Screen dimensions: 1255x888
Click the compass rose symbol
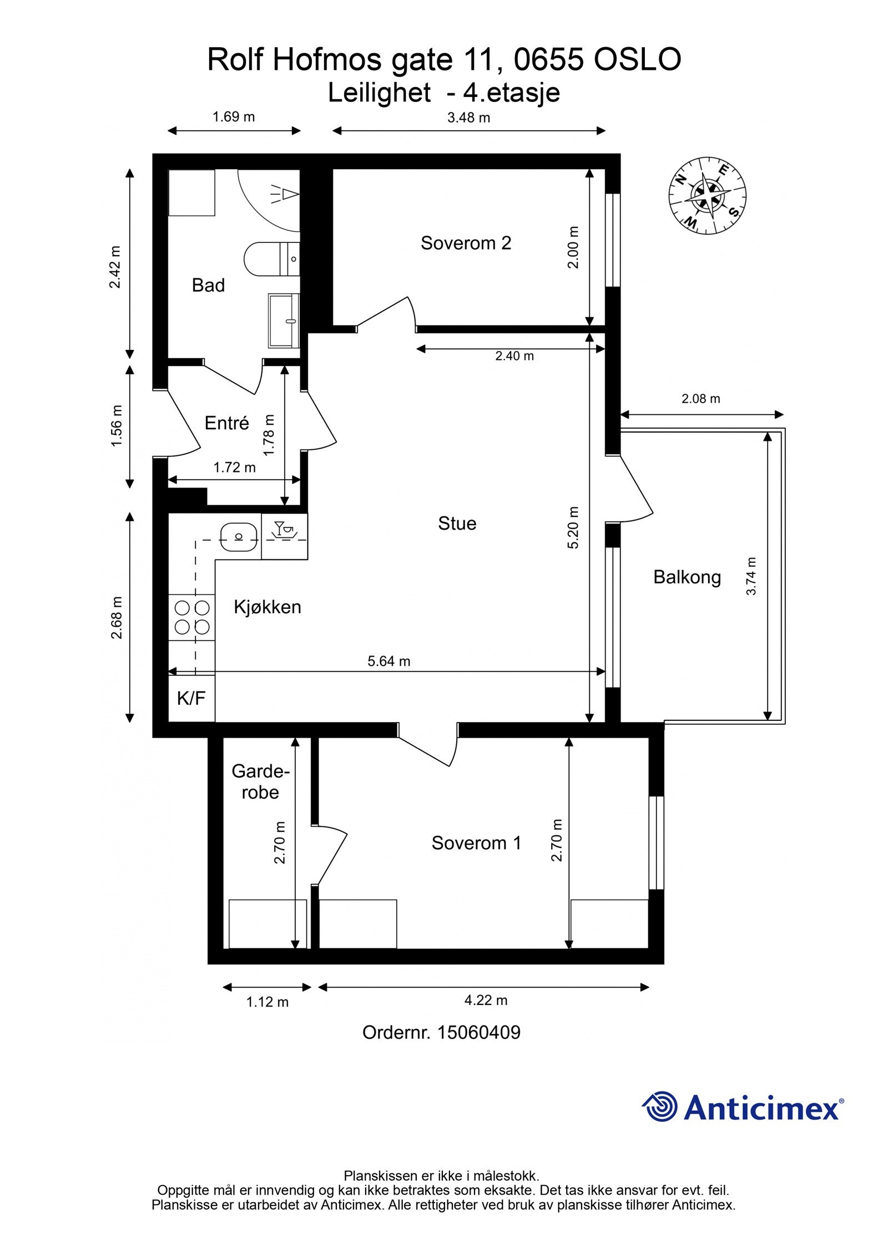pos(707,195)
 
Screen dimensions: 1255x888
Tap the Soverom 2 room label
pos(466,243)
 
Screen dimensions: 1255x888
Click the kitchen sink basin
pos(239,536)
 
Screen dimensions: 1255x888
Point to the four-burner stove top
pos(192,617)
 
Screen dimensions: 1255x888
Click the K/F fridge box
pos(191,698)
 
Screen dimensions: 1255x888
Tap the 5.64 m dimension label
pos(389,660)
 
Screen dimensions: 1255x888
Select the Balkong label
pos(687,577)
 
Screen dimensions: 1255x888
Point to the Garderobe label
pos(260,781)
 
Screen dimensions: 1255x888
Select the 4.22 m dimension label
pos(486,999)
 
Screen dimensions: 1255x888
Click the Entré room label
pos(226,423)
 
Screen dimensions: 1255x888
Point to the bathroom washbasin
pos(284,321)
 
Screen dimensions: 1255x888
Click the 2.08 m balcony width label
pos(700,398)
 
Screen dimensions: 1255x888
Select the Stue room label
pos(457,523)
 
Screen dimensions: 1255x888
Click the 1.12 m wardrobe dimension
pos(267,1002)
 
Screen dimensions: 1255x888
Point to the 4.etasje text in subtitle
pos(511,93)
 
